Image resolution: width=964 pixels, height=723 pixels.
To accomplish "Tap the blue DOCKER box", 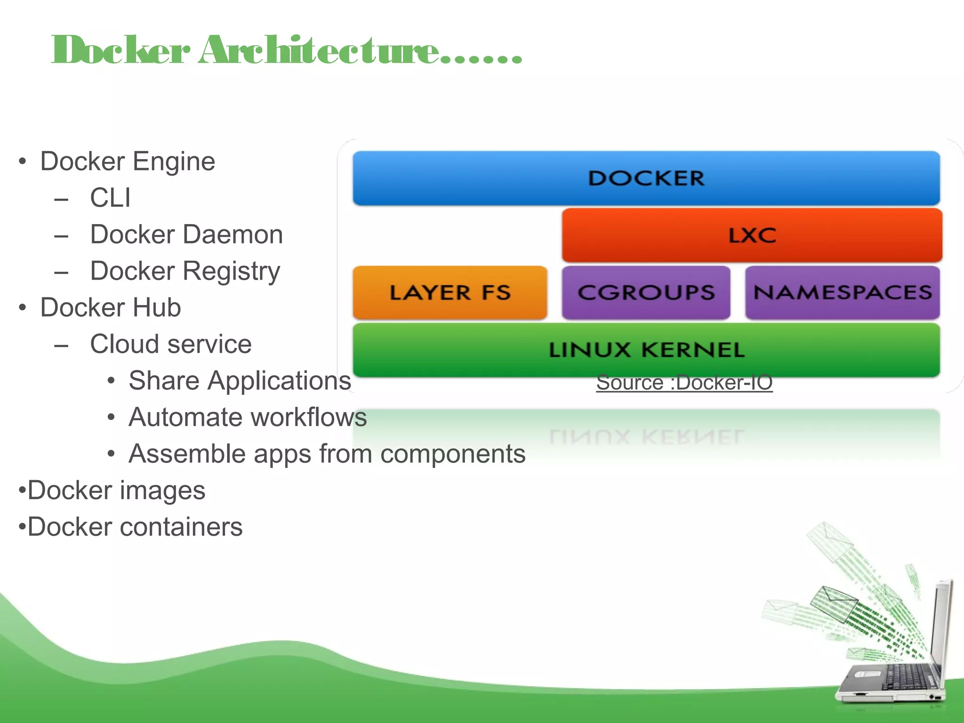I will click(x=646, y=178).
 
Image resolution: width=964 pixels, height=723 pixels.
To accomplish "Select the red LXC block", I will click(x=752, y=235).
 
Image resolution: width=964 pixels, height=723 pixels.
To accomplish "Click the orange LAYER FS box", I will click(x=450, y=293).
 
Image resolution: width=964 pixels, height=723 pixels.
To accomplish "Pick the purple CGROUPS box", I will click(x=646, y=293).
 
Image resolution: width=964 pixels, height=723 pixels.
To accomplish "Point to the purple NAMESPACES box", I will click(x=842, y=293).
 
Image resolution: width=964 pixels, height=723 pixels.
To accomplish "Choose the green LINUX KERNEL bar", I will click(x=646, y=350).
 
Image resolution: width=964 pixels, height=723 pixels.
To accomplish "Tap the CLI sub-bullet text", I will click(x=110, y=198).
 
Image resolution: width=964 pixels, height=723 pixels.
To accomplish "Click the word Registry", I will click(x=232, y=272).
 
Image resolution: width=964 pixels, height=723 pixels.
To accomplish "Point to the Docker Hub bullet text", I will click(x=111, y=308).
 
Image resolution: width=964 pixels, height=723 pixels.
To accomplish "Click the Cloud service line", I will click(x=171, y=344).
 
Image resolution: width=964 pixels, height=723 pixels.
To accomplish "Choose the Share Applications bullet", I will click(x=240, y=381).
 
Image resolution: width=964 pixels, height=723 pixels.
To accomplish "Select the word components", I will click(x=452, y=454).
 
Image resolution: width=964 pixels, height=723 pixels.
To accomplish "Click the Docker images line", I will click(x=116, y=490).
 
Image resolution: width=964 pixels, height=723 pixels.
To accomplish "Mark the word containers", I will click(x=181, y=527).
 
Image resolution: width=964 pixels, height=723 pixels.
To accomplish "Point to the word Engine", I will click(x=174, y=162).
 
